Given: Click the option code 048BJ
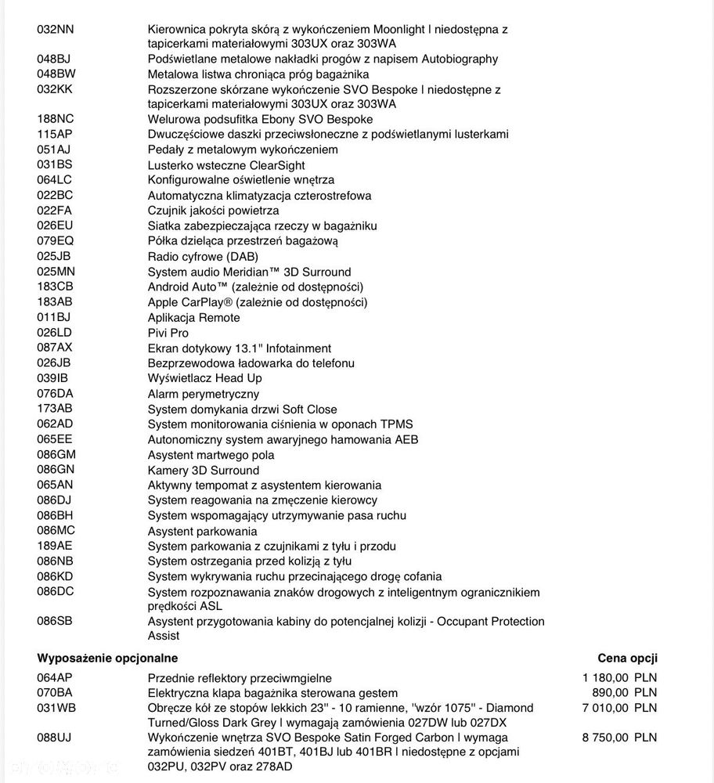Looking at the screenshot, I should click(54, 59).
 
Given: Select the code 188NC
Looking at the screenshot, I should click(55, 119).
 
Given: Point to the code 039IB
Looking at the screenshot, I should click(52, 378).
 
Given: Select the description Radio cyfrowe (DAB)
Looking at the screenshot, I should click(203, 257).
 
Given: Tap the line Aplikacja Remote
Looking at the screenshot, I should click(193, 318).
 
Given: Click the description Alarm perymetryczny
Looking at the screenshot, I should click(203, 394).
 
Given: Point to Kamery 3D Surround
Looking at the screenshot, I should click(203, 470).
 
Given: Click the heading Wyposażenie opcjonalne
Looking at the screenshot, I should click(107, 658).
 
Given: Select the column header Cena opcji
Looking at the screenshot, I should click(627, 658).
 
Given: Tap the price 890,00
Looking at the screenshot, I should click(609, 693).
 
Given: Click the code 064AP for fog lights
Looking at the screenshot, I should click(54, 677).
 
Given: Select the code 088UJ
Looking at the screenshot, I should click(54, 738).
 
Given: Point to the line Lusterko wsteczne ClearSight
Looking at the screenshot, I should click(226, 165).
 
